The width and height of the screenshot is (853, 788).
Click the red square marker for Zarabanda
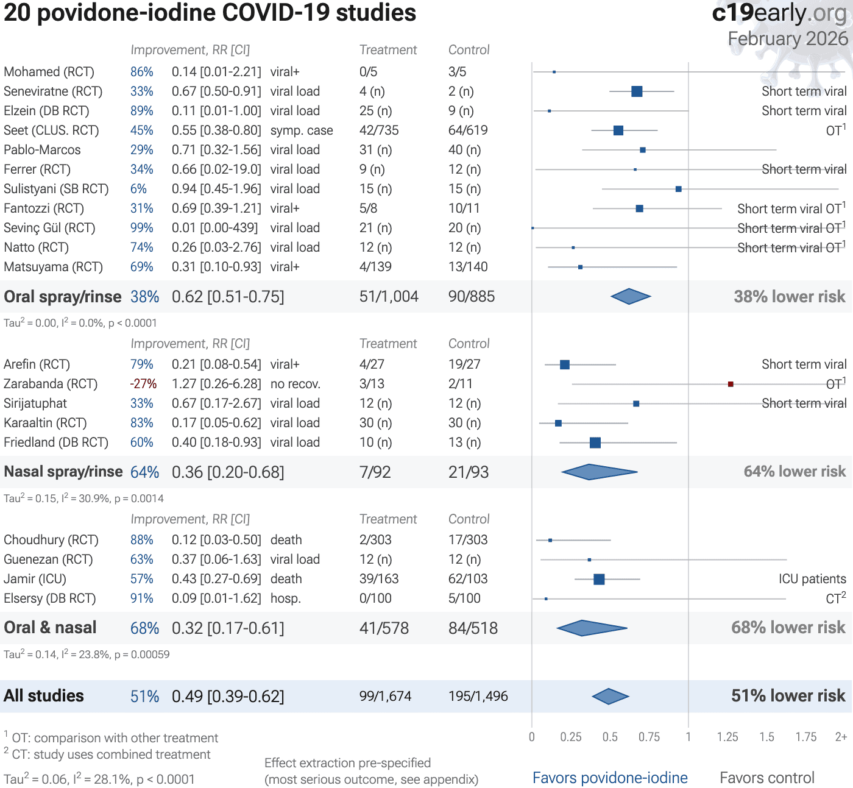click(731, 384)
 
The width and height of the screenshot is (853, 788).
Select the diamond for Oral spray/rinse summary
click(631, 297)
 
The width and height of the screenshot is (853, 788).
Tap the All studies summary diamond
click(610, 696)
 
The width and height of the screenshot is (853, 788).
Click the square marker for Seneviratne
click(637, 91)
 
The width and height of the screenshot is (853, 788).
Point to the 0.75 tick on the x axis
click(649, 737)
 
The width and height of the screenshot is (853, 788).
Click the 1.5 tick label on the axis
click(766, 737)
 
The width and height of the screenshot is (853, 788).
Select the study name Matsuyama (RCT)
click(53, 267)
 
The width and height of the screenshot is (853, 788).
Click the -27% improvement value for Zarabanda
click(143, 384)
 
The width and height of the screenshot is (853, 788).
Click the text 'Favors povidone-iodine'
click(610, 778)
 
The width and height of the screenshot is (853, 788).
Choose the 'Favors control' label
click(766, 778)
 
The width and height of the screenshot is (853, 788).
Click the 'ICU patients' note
click(812, 579)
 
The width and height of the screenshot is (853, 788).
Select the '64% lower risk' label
click(795, 472)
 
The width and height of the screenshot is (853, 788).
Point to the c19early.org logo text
click(779, 13)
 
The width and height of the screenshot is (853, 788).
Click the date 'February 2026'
click(788, 38)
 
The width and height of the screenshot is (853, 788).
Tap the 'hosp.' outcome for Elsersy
click(286, 598)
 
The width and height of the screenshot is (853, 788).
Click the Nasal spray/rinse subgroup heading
click(63, 472)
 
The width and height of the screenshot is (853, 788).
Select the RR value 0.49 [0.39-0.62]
click(228, 696)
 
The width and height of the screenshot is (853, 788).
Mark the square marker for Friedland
click(595, 442)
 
